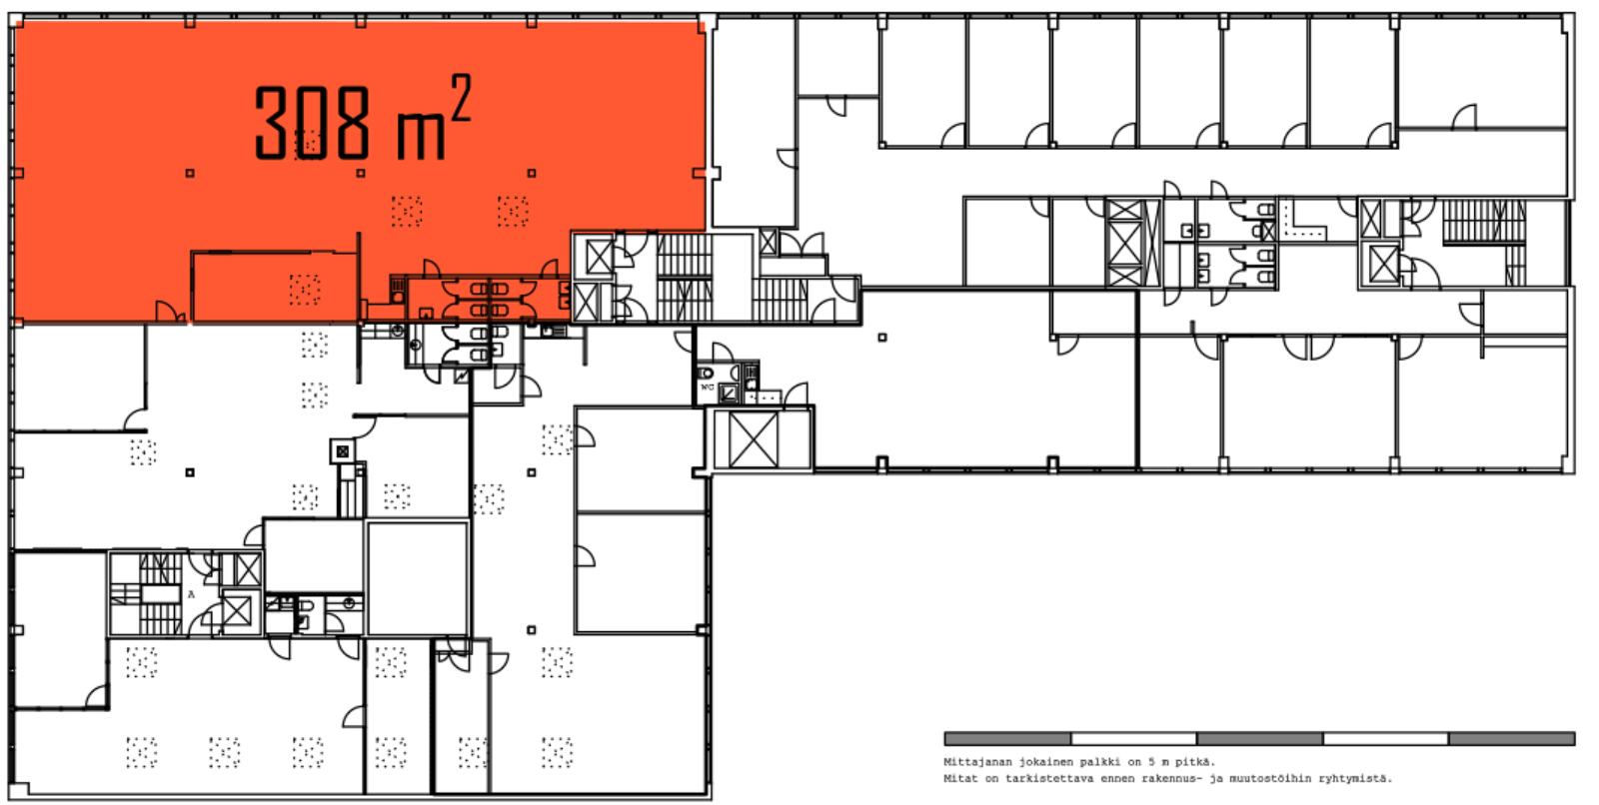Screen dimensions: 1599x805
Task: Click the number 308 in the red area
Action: click(313, 122)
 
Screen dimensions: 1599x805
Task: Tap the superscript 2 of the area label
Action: click(461, 98)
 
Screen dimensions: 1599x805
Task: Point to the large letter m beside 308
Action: click(421, 136)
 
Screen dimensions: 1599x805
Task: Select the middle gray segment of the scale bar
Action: click(1260, 739)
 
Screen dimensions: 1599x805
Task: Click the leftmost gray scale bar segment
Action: click(1007, 739)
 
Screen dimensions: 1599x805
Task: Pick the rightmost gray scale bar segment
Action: click(1512, 739)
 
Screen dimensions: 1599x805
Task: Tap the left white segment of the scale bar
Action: click(1133, 739)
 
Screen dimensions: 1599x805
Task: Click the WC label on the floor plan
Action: click(708, 387)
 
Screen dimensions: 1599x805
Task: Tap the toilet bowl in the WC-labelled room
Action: click(706, 373)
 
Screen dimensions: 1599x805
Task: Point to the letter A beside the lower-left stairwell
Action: click(191, 593)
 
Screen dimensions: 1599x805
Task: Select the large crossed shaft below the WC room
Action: click(754, 439)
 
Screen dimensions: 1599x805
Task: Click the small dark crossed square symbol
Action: click(343, 451)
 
